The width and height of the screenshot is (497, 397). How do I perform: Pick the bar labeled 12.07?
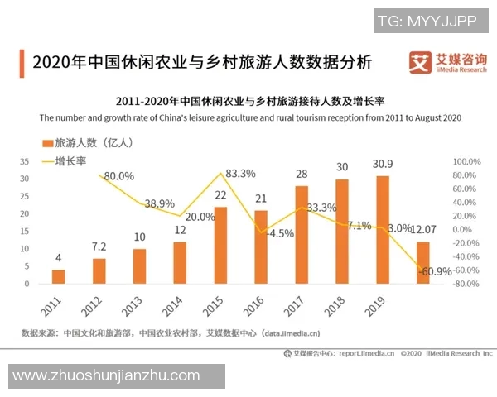[423, 262]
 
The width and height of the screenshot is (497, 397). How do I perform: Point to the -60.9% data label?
[434, 271]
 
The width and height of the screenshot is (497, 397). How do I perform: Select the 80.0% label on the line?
[118, 176]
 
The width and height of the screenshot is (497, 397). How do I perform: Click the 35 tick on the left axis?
[24, 161]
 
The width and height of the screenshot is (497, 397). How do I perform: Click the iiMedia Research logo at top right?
[448, 62]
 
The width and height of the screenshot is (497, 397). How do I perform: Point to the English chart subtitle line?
[248, 117]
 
